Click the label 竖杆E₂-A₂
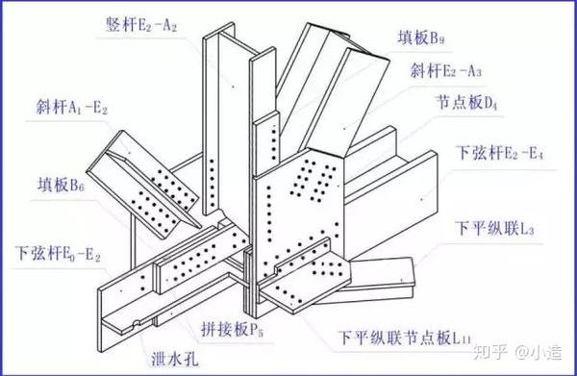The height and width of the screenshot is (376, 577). tap(141, 25)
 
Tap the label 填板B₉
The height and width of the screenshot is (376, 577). tap(420, 38)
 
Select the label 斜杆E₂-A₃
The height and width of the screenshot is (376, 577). tap(445, 70)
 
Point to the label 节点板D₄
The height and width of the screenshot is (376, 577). tap(466, 102)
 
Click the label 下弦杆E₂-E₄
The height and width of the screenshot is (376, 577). tap(499, 152)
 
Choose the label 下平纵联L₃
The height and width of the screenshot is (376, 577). tap(494, 228)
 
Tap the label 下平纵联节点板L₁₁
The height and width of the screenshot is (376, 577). tap(405, 337)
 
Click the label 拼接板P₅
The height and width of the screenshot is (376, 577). tap(232, 329)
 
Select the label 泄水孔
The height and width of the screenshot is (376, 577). tap(175, 359)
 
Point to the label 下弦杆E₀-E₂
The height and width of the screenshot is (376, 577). tap(58, 253)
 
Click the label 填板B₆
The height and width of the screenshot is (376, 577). tap(61, 184)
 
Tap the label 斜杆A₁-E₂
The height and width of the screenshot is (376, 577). tap(71, 107)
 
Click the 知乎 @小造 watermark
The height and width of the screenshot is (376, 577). tap(517, 352)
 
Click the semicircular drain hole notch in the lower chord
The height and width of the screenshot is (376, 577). tap(137, 323)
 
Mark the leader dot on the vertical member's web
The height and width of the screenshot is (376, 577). tap(233, 87)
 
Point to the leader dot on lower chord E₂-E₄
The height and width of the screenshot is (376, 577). tap(422, 199)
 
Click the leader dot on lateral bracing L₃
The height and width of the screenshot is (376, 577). tap(401, 281)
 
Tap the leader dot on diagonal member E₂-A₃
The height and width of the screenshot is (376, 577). tap(344, 129)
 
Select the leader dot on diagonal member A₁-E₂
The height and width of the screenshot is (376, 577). tap(129, 152)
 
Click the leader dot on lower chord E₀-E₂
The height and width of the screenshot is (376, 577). tap(121, 291)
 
